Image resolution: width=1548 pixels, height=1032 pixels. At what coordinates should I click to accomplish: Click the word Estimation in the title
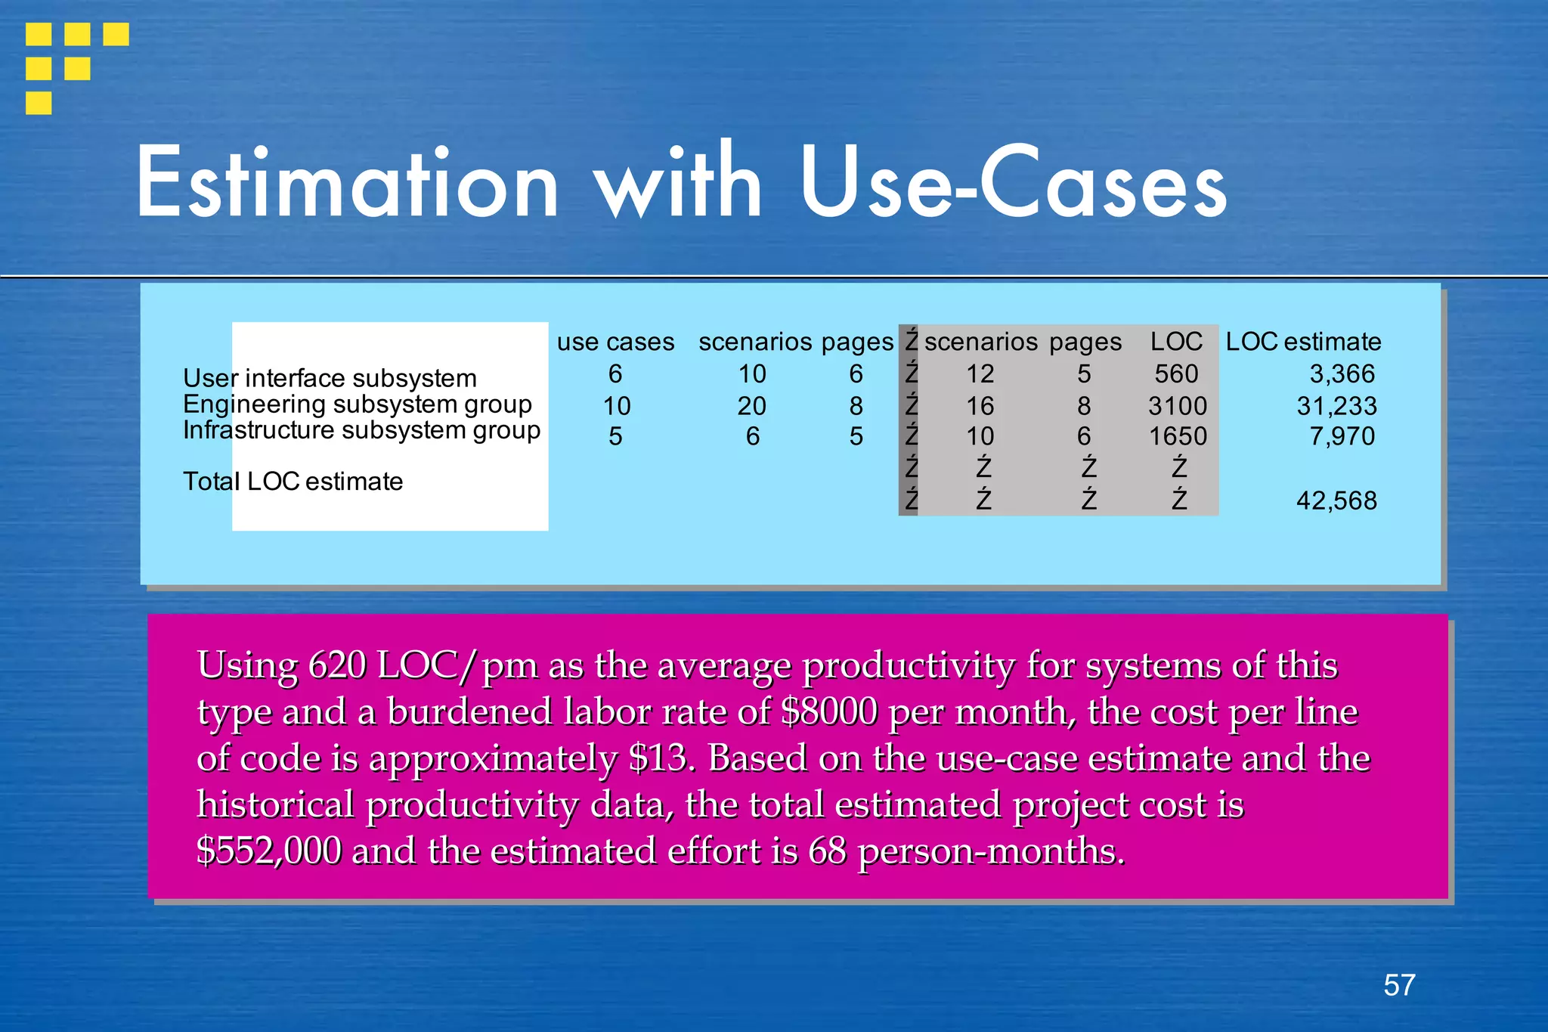click(348, 184)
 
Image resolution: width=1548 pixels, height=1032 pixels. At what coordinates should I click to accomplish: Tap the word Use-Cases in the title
click(1013, 184)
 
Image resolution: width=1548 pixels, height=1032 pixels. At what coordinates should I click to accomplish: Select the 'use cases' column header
click(615, 342)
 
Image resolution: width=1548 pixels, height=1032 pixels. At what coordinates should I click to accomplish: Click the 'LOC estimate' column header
click(1303, 342)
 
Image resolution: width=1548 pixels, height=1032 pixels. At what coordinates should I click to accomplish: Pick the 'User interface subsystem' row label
click(330, 378)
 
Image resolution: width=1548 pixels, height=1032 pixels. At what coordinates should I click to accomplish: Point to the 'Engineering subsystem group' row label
click(358, 404)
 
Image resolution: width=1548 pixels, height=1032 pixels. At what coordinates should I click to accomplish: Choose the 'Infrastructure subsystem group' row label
click(361, 429)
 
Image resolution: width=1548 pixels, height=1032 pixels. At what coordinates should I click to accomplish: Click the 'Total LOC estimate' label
click(293, 481)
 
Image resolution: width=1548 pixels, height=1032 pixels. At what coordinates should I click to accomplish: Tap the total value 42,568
click(1336, 501)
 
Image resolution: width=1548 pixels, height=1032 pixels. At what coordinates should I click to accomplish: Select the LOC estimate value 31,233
click(1336, 406)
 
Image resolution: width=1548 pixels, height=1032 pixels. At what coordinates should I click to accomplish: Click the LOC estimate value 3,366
click(1342, 373)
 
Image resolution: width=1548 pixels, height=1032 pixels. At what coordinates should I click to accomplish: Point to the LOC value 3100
click(1178, 406)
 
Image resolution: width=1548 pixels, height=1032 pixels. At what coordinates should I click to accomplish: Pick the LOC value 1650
click(1178, 436)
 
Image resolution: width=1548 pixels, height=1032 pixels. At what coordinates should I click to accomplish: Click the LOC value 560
click(1176, 373)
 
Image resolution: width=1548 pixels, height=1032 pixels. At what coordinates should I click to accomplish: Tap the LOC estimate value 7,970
click(1342, 436)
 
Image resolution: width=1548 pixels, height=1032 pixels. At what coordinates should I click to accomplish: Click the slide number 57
click(1399, 985)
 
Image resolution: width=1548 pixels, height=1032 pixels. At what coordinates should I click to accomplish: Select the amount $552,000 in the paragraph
click(269, 851)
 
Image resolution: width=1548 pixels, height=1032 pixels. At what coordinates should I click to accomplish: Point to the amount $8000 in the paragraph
click(829, 711)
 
